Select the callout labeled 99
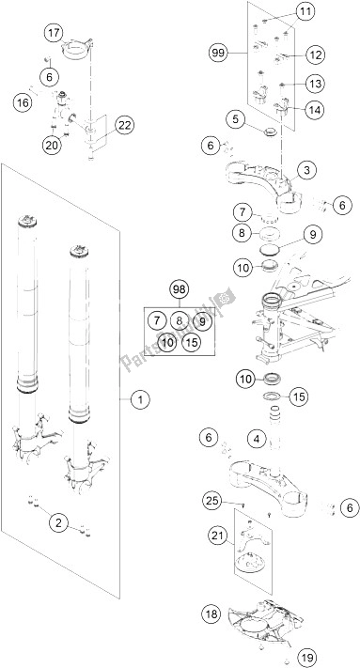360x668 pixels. click(x=219, y=53)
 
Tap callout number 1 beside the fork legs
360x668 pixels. click(x=141, y=399)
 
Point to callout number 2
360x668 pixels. click(x=59, y=521)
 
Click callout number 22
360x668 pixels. click(x=124, y=125)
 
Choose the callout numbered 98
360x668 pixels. click(x=180, y=290)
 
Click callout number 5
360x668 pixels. click(x=236, y=120)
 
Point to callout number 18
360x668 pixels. click(x=212, y=614)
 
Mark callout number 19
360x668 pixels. click(x=305, y=659)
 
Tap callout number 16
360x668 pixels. click(x=23, y=102)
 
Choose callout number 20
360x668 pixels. click(x=52, y=145)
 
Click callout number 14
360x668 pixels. click(x=315, y=110)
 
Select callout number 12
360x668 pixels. click(x=315, y=54)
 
